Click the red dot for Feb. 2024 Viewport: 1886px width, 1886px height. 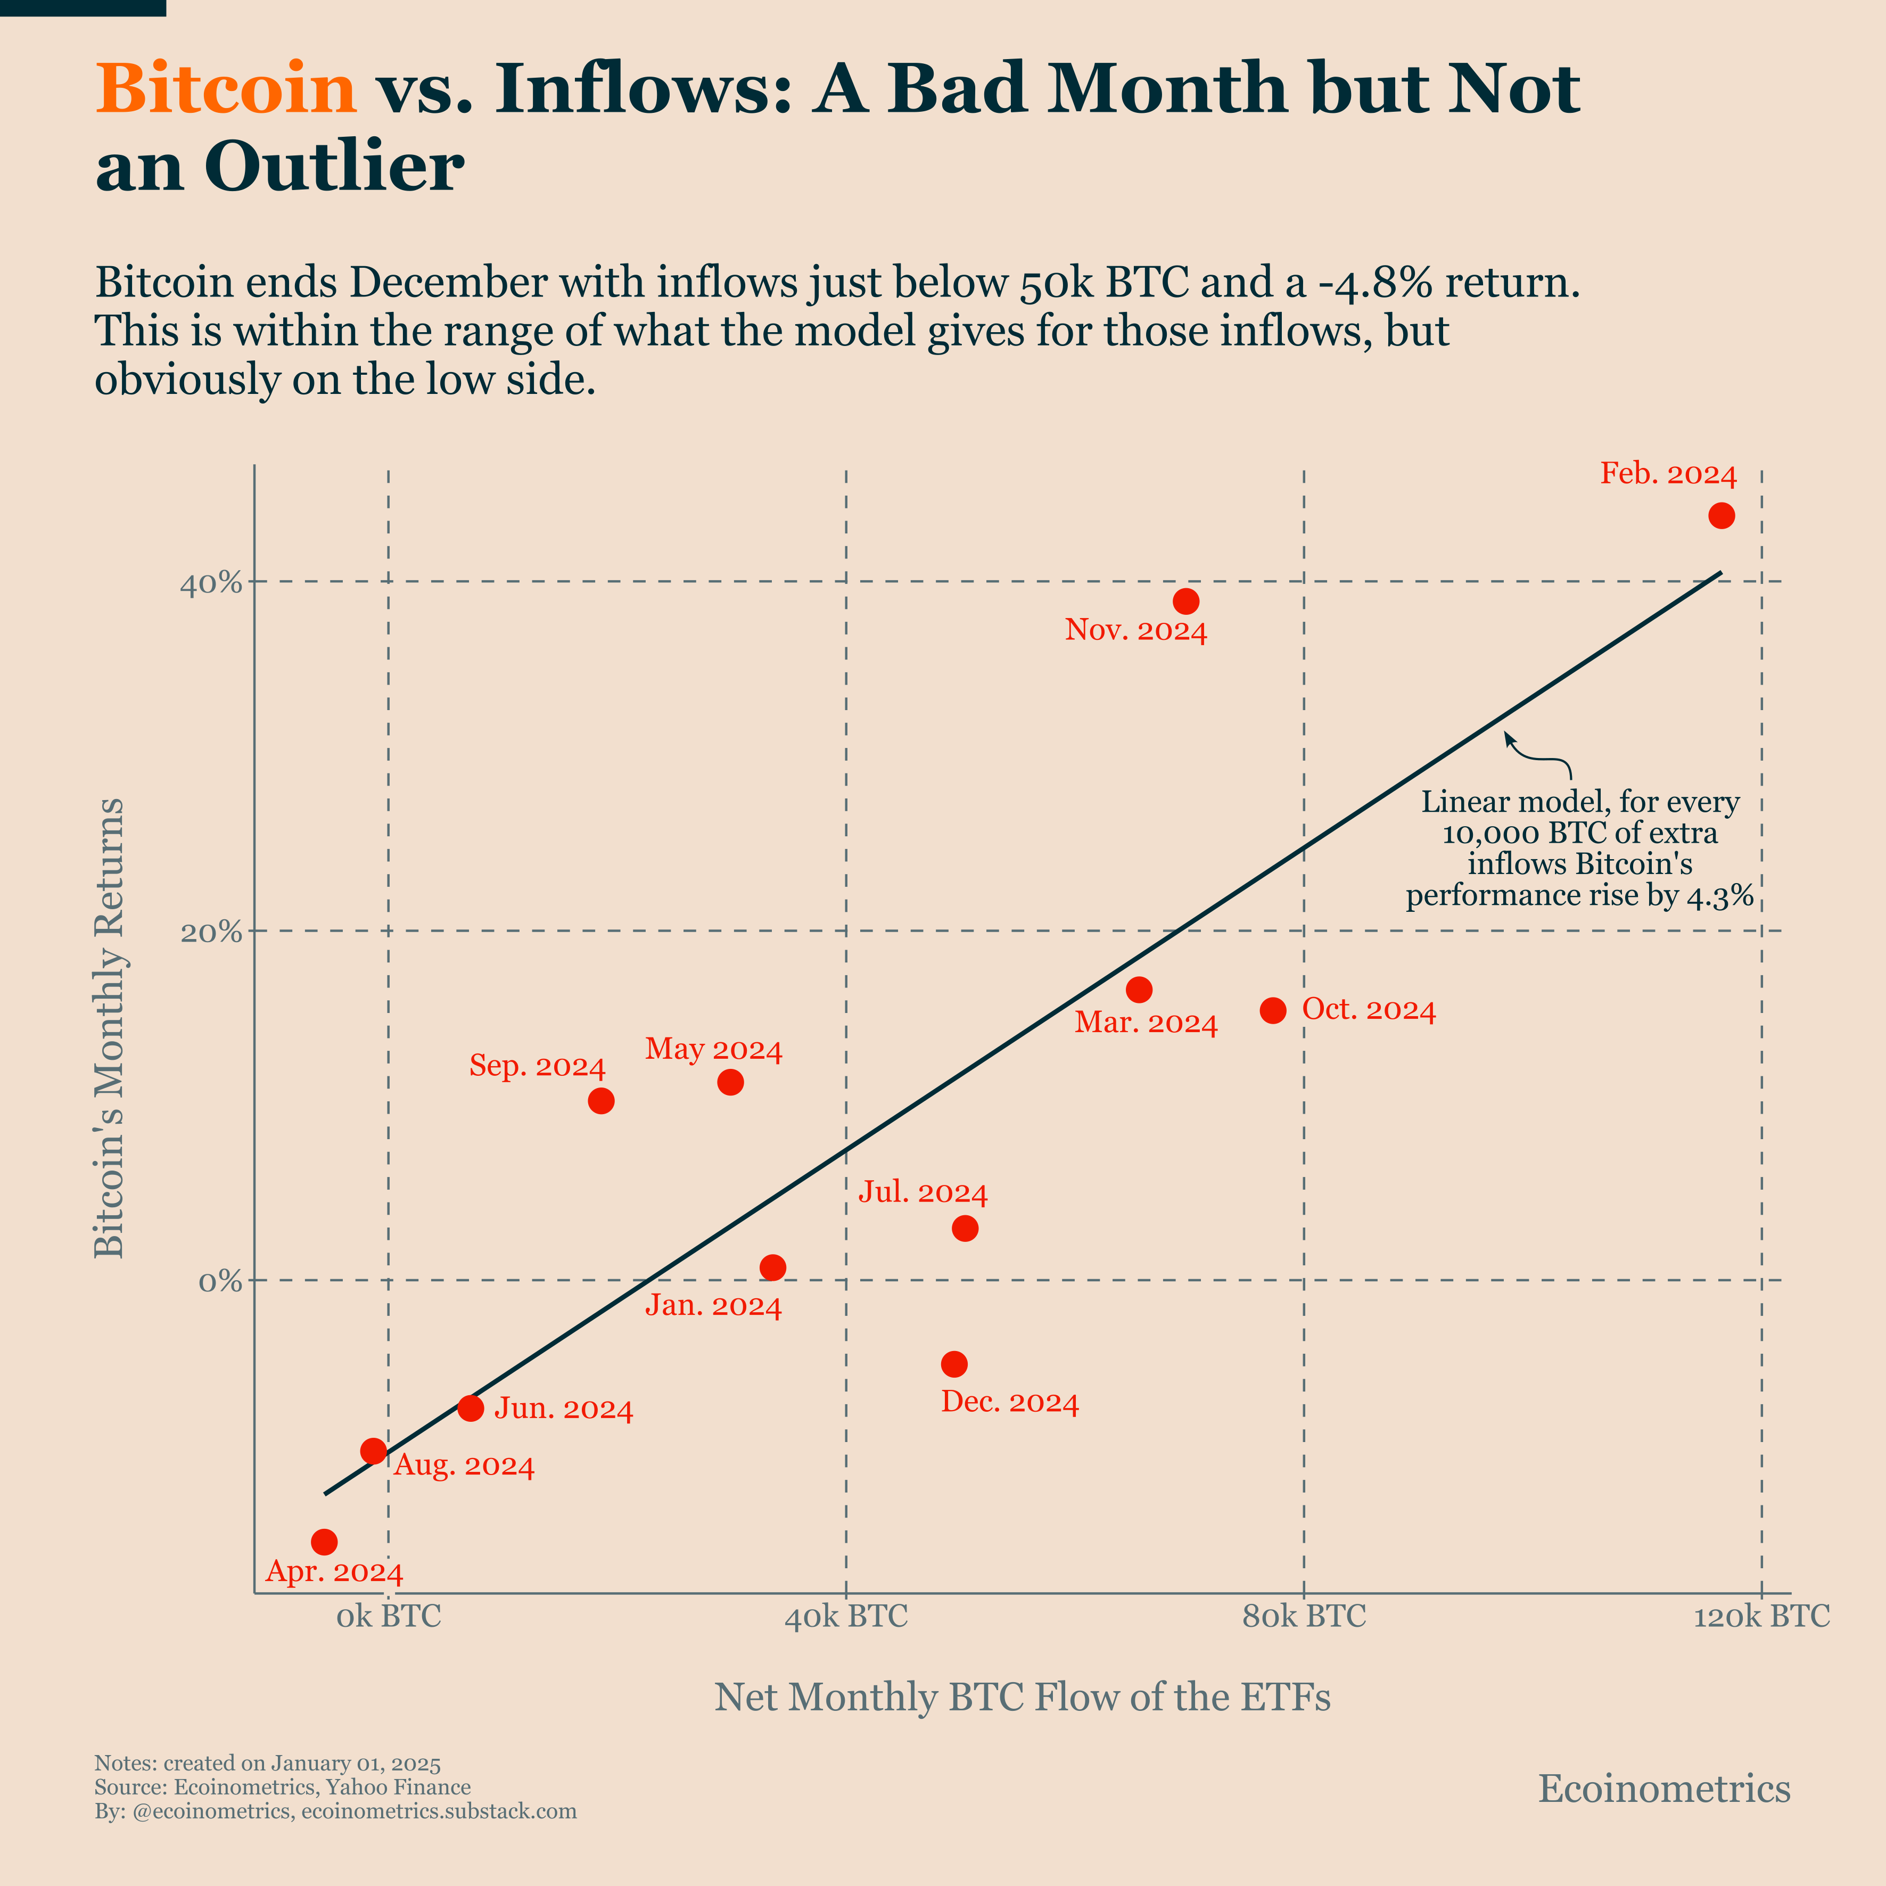(1721, 515)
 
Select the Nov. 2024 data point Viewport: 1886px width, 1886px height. (1186, 602)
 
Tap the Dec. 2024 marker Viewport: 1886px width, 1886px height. (955, 1364)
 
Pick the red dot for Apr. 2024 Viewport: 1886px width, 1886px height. (324, 1542)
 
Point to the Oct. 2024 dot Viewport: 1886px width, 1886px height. (1273, 1010)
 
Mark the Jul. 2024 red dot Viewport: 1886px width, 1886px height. (965, 1228)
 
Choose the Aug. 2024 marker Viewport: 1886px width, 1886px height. (373, 1451)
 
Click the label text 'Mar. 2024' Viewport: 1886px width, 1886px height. (1146, 1024)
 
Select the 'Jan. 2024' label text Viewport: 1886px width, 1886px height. (714, 1306)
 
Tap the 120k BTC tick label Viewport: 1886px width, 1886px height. (1761, 1617)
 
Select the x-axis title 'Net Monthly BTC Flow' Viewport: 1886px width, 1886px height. (1022, 1698)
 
